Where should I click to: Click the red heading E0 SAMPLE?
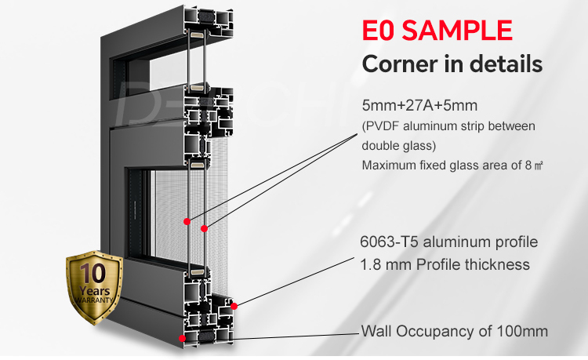point(437,30)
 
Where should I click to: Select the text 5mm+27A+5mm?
point(419,105)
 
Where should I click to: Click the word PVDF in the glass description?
point(382,126)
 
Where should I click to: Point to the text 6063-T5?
point(389,242)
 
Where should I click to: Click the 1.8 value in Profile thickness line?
point(371,265)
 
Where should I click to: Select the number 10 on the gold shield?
point(93,273)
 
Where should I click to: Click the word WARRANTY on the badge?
point(94,300)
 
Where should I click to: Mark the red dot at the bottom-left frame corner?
point(182,338)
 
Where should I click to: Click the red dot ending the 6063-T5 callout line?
point(234,307)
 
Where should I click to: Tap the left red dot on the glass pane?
point(187,222)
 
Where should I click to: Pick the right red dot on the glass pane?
point(204,228)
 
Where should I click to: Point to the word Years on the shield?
point(95,291)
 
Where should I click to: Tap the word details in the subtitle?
point(506,64)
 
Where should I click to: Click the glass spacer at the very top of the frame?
point(197,35)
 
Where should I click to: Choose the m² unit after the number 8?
point(539,165)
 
